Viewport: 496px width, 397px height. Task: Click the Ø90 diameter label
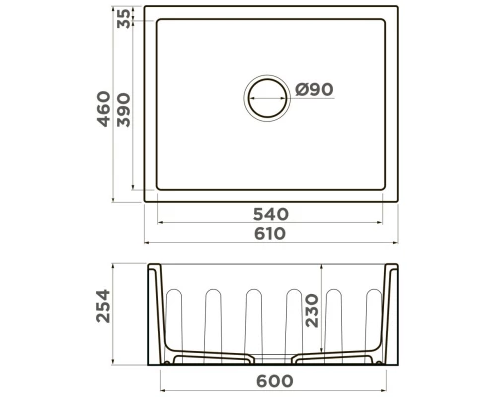click(x=313, y=90)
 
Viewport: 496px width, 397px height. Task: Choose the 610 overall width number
click(x=269, y=234)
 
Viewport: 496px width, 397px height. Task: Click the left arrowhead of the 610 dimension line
click(x=149, y=242)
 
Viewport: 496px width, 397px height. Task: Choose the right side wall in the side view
click(x=391, y=313)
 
